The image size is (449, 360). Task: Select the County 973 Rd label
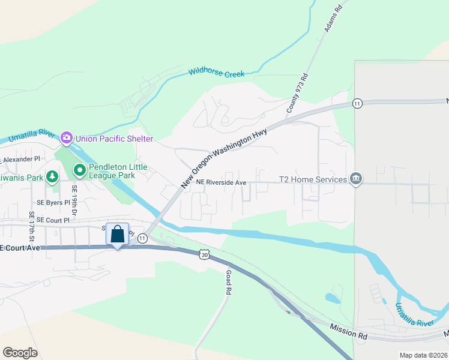tap(297, 93)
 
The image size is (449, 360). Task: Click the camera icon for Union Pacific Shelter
tap(67, 139)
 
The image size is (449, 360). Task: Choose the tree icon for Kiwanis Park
tap(53, 177)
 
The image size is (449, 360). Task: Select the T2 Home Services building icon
tap(356, 179)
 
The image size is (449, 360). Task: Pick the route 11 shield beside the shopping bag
tap(142, 238)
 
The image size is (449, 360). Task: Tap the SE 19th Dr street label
tap(75, 200)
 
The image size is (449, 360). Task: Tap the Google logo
tap(20, 353)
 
